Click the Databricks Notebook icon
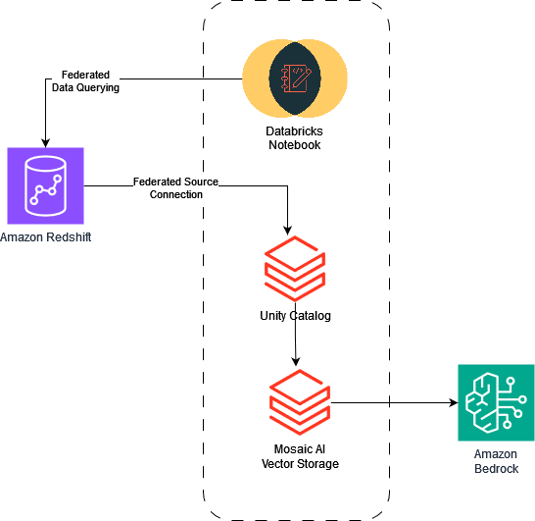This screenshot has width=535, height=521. click(295, 78)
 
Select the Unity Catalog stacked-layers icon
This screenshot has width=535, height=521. click(295, 267)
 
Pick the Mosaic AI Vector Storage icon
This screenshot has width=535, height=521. click(299, 402)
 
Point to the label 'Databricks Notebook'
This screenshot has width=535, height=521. click(295, 137)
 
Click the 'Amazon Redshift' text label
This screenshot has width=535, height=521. click(47, 236)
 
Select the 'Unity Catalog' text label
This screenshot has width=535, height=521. click(295, 315)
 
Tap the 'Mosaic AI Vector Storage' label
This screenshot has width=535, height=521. click(299, 456)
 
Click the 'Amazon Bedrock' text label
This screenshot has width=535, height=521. click(496, 461)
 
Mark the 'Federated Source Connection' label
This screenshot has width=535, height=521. click(175, 188)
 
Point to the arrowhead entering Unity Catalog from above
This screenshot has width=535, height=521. click(287, 228)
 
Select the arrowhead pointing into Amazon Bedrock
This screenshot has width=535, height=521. click(453, 402)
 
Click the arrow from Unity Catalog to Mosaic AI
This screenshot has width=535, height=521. click(295, 343)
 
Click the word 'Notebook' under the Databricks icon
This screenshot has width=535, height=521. click(295, 144)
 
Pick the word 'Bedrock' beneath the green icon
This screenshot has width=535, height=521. click(496, 468)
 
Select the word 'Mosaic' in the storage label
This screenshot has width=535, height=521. click(281, 449)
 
